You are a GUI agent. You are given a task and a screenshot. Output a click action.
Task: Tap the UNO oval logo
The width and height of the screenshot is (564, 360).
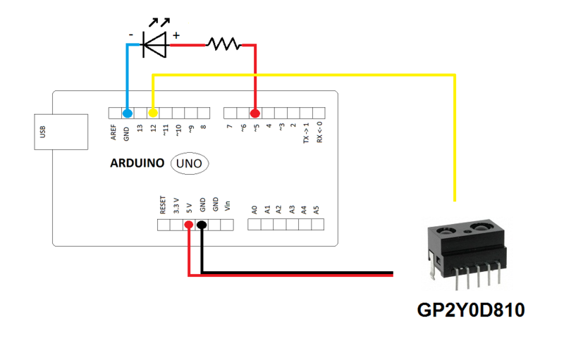(189, 163)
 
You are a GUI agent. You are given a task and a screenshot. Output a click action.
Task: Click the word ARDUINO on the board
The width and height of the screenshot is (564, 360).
(137, 163)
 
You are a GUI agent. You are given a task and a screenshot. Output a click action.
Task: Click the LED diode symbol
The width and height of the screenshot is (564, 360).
(155, 45)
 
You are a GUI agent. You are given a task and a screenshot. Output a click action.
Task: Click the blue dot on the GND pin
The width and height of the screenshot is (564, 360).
(127, 113)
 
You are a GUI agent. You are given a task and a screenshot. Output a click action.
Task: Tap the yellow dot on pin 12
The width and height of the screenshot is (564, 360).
(153, 113)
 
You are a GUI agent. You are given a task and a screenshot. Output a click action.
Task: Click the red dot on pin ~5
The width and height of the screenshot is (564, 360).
(255, 113)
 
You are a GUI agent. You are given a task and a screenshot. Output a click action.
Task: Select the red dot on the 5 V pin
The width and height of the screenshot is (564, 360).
(189, 225)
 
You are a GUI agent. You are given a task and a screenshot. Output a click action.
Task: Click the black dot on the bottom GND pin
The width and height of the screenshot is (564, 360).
(202, 225)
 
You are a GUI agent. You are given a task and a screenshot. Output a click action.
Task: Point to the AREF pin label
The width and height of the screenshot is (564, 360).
(114, 133)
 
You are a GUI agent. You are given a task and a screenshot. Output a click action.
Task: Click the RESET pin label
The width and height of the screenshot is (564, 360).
(163, 205)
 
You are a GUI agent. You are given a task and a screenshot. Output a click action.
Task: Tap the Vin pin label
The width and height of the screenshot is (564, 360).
(227, 207)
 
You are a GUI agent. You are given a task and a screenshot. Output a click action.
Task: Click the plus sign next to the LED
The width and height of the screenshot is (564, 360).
(176, 35)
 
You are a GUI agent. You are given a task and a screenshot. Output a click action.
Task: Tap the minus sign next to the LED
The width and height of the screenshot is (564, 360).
(131, 34)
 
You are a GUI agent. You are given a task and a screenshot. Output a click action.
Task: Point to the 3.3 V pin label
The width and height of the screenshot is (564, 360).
(176, 205)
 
